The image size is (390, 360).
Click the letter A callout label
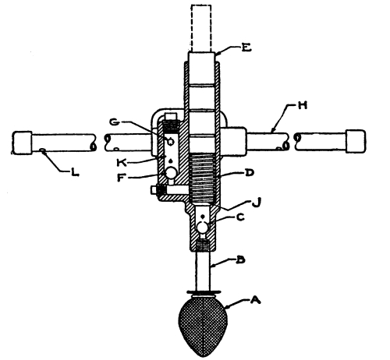255,300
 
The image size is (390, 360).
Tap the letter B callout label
240,260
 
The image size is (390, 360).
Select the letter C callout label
240,217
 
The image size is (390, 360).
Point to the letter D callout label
249,173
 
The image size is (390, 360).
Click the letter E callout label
246,48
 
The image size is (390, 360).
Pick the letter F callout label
121,178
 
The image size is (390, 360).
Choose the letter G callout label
115,122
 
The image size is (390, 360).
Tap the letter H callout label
302,105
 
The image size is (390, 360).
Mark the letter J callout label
257,203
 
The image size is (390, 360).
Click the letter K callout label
121,163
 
